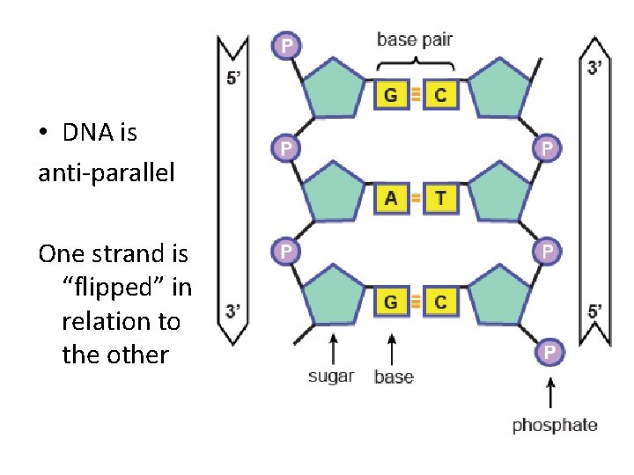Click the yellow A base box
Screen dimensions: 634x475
pos(392,199)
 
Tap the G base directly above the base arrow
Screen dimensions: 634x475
pos(392,302)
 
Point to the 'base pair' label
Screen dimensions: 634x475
pos(415,40)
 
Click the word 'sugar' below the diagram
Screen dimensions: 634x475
pos(331,376)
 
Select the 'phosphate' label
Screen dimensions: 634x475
pos(555,426)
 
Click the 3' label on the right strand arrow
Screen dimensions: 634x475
pos(594,67)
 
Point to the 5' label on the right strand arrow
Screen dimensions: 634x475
pos(595,311)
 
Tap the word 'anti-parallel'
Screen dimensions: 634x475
pos(107,172)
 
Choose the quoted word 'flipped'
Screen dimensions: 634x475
pos(125,289)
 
